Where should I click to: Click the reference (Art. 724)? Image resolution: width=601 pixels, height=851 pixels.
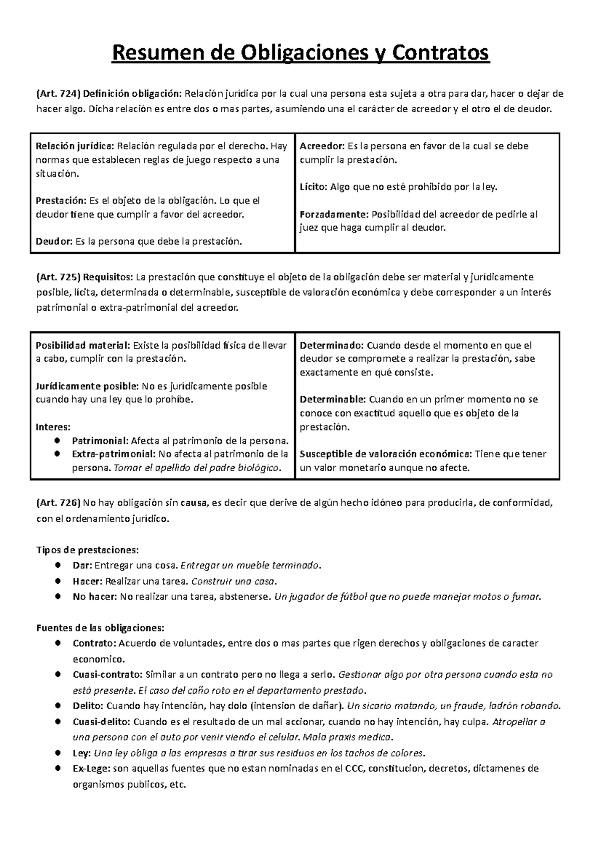(x=58, y=93)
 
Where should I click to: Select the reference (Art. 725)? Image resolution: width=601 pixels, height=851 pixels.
(x=58, y=277)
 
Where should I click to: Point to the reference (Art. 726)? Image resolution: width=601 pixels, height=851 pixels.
(x=58, y=503)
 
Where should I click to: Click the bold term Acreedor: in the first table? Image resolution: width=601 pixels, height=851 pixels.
(x=322, y=146)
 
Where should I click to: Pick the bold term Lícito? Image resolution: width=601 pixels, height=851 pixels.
(x=314, y=187)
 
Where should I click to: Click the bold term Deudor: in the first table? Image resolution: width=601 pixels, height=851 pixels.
(x=54, y=242)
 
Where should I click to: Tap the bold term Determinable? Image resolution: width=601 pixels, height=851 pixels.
(x=333, y=399)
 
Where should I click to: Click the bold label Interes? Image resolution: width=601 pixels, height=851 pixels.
(x=54, y=427)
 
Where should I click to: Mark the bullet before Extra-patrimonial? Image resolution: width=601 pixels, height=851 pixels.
(x=58, y=454)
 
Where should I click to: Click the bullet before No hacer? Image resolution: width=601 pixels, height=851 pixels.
(x=58, y=596)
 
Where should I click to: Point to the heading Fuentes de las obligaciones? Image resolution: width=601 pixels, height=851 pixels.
(x=100, y=627)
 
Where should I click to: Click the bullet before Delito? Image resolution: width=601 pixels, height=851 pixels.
(x=58, y=706)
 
